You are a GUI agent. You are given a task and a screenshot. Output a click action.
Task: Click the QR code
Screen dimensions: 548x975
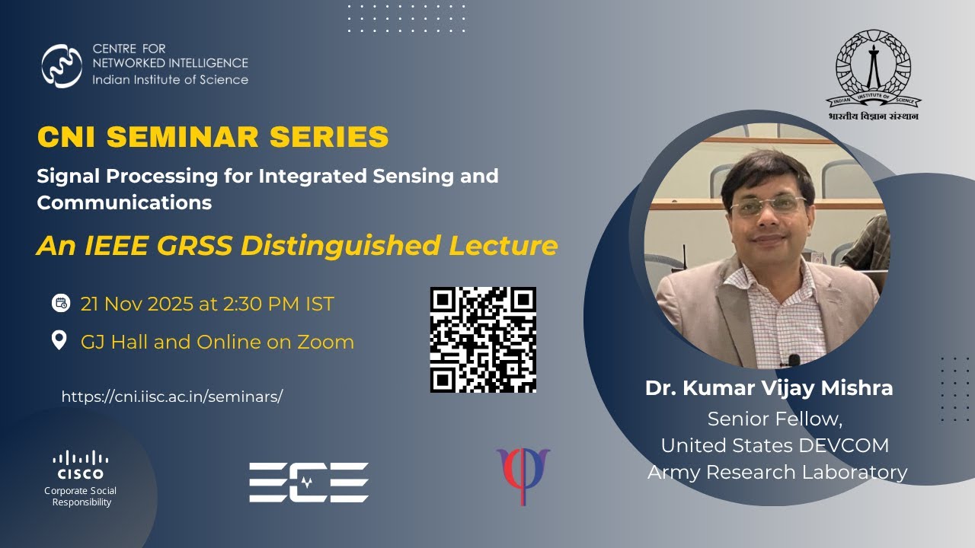coord(483,339)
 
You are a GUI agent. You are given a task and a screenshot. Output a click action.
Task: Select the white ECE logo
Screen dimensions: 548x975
coord(308,483)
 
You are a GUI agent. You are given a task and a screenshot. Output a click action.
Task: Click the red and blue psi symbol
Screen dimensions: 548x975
coord(523,475)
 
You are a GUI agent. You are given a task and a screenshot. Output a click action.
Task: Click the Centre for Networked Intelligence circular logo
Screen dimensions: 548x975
coord(62,66)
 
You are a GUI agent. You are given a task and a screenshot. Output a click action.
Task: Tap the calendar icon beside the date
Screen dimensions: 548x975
coord(60,303)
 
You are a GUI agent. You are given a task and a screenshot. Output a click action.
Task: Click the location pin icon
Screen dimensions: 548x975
coord(59,340)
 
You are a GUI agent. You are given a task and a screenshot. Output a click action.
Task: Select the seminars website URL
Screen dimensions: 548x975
coord(171,397)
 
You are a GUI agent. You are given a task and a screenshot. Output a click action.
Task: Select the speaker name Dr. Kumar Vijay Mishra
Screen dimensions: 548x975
coord(769,388)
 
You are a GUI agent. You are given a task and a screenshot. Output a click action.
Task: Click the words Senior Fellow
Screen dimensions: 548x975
coord(774,419)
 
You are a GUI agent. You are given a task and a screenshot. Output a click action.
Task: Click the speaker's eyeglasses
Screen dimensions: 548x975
coord(767,205)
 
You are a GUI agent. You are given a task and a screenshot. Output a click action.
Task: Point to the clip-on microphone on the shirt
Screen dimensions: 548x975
coord(794,359)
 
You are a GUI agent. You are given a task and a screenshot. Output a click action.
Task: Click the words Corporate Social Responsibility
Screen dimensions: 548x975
coord(81,496)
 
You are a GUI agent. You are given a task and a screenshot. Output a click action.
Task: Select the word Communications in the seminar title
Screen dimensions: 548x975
coord(124,203)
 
